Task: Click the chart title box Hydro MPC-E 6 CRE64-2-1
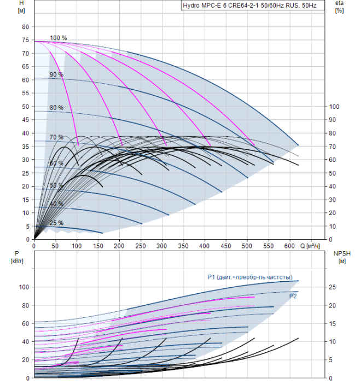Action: pos(253,5)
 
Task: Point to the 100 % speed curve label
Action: pos(59,38)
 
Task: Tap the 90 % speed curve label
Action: pos(56,74)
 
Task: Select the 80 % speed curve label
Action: pos(56,108)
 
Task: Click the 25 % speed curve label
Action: pos(56,223)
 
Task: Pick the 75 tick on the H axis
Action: pos(25,40)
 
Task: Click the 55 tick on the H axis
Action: pos(25,94)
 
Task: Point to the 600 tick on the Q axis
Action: pos(289,246)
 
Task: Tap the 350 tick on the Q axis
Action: pos(183,246)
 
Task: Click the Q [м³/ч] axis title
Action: pos(310,246)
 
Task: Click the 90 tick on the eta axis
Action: pos(333,120)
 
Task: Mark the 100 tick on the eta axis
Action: pos(334,107)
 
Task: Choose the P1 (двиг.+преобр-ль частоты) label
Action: pos(250,277)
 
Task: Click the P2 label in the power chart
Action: pos(293,297)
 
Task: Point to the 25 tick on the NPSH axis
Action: pos(333,287)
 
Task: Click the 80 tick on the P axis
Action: pos(25,305)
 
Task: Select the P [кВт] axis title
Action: pos(17,257)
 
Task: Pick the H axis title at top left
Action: pos(21,7)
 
